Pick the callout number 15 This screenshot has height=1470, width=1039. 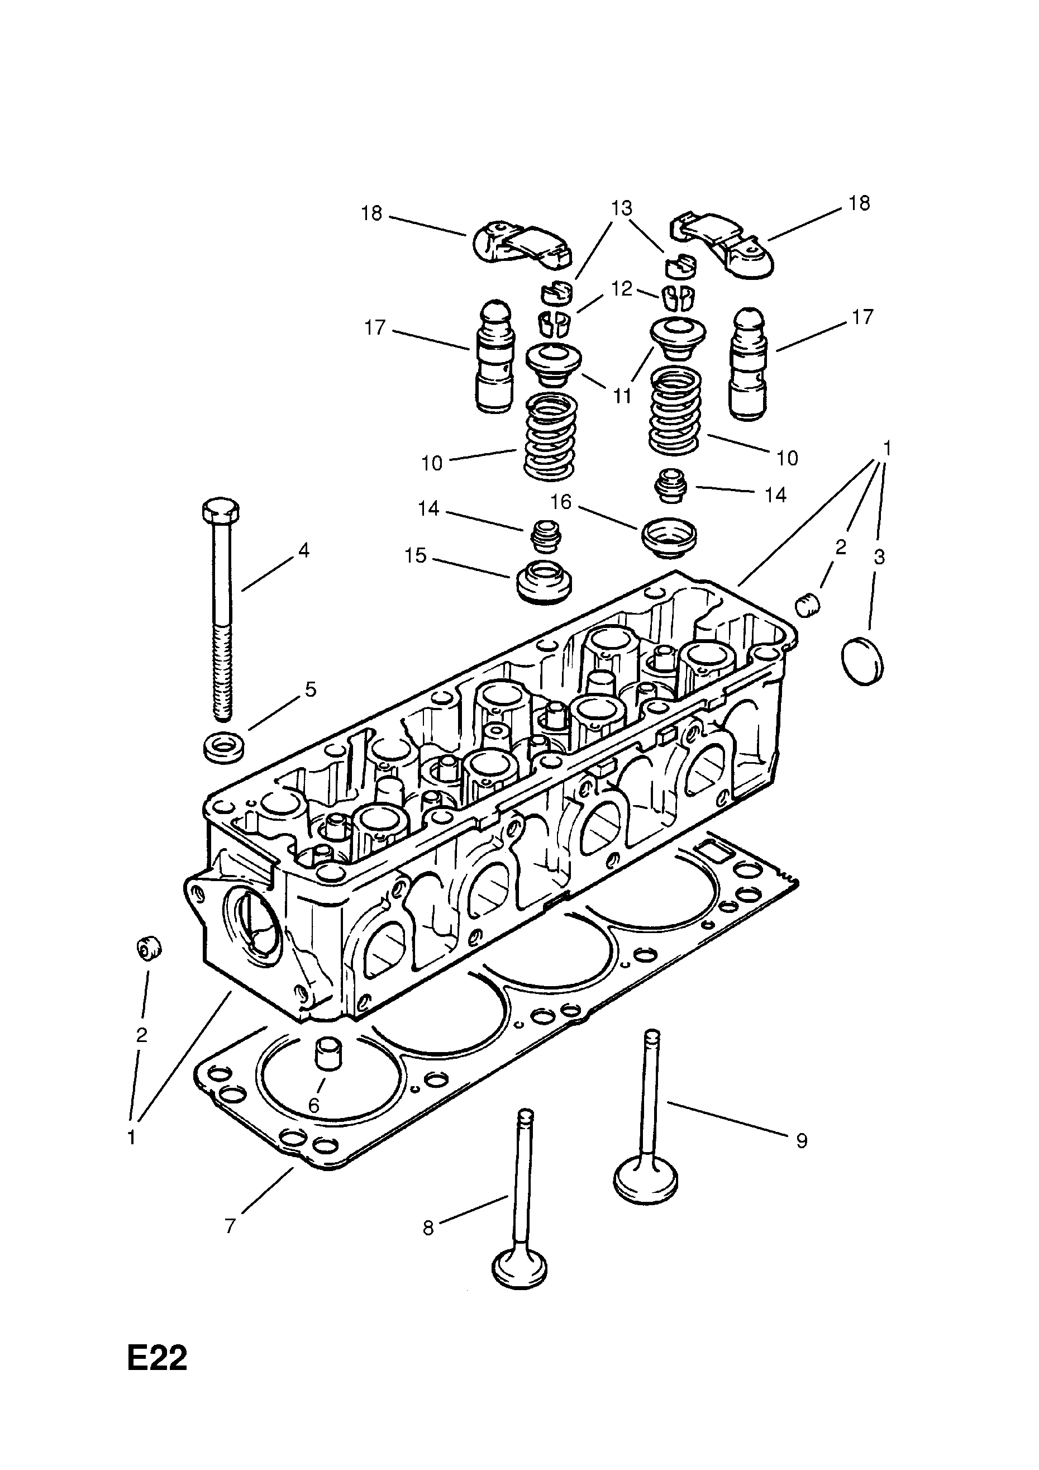point(416,555)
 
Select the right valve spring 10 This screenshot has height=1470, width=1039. point(675,412)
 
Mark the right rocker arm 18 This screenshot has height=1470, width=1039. point(723,246)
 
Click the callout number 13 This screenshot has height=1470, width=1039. point(621,208)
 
